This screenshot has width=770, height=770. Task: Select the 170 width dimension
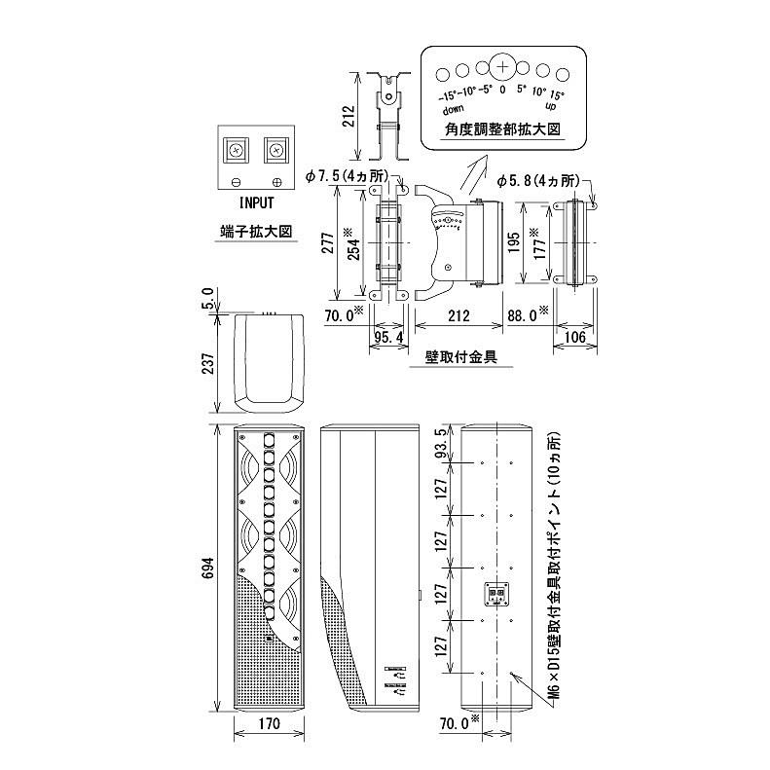point(271,723)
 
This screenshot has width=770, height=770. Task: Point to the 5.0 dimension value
point(206,296)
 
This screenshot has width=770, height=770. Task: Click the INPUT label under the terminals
point(256,203)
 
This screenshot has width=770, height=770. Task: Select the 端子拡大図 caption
point(256,233)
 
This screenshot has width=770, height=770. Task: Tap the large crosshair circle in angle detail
point(502,67)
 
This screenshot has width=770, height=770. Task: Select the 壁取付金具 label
point(462,356)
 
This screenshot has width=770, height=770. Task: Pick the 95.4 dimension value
point(389,336)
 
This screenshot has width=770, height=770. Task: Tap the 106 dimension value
point(574,336)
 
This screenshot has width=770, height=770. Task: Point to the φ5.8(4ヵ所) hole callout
point(537,180)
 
